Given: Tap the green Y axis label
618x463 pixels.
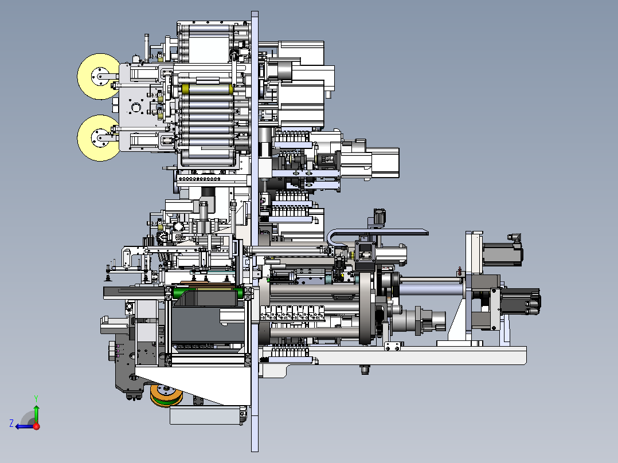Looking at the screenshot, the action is coord(36,398).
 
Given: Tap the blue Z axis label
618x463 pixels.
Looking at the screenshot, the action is coord(11,423).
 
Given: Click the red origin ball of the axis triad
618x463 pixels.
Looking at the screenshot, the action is coord(36,426).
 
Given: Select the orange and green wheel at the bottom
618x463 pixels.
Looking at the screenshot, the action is coord(166,395).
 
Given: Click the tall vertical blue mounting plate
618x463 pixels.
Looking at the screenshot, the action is coord(255,231).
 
